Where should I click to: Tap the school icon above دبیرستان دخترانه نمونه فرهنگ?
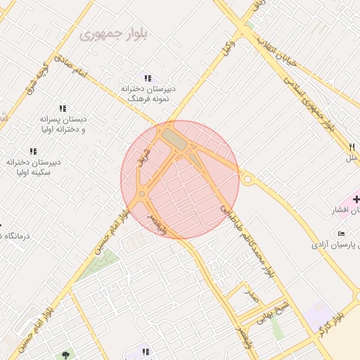coord(148,78)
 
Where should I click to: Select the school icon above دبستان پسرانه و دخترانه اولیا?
coord(63,109)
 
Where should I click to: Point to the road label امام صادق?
coord(72,70)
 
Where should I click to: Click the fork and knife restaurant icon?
coord(352,147)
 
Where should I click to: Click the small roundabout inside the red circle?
coord(143,194)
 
